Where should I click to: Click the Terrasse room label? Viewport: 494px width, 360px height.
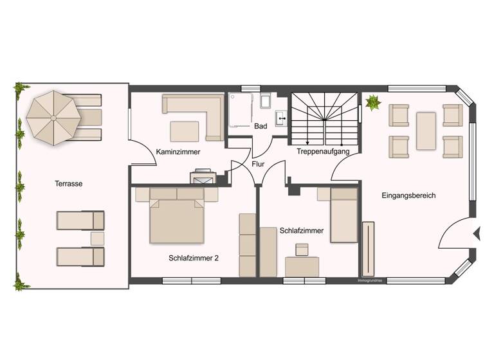[x=69, y=183]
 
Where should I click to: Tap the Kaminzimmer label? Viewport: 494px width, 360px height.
[x=178, y=152]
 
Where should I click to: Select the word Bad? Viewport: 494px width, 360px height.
[x=260, y=127]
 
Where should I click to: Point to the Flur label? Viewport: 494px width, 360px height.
[x=258, y=165]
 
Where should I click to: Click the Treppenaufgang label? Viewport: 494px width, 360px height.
[x=322, y=152]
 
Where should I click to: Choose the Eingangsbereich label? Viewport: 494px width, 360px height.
[x=408, y=195]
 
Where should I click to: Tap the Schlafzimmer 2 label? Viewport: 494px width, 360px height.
[x=194, y=258]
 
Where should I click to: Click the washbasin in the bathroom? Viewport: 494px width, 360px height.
[x=281, y=118]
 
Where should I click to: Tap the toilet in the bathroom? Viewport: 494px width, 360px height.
[x=266, y=102]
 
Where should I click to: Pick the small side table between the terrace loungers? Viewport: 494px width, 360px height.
[x=97, y=238]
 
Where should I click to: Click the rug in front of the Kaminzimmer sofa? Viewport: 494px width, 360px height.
[x=184, y=131]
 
